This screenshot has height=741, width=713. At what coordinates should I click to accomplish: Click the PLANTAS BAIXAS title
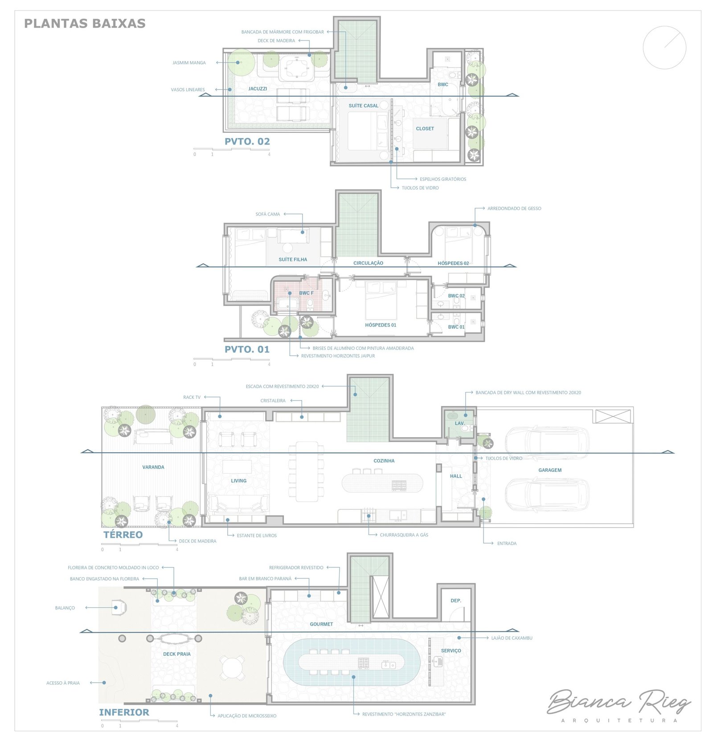coord(85,23)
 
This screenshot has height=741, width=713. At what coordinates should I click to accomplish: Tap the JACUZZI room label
coord(258,89)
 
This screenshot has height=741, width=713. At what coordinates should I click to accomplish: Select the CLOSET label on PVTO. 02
coord(425,128)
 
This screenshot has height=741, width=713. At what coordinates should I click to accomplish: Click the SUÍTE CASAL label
coord(363,106)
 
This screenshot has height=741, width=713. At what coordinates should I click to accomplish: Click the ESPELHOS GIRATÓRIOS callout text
coord(443,179)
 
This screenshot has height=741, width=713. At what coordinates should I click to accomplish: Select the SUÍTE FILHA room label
coord(293,259)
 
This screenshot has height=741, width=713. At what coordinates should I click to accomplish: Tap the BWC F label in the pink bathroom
coord(306,293)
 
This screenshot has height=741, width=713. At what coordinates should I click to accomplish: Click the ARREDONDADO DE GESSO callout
coord(514,208)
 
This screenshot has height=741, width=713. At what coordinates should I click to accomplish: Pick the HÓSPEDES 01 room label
coord(381,325)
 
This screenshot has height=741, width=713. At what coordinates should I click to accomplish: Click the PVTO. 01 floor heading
coord(247,349)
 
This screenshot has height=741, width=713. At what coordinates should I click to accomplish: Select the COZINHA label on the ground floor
coord(384,461)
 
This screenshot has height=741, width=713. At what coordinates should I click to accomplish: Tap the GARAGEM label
coord(550,470)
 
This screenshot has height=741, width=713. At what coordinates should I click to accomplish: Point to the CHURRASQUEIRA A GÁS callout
coord(404,535)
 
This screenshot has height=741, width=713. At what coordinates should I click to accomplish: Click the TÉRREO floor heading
coord(123,535)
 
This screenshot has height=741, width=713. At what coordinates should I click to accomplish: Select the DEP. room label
coord(456,601)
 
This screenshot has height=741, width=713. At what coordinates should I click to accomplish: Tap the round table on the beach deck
coord(232,668)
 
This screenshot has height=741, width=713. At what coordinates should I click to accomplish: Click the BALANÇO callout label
coord(65,608)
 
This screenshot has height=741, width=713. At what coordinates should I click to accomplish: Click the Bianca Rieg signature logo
coord(619,704)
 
